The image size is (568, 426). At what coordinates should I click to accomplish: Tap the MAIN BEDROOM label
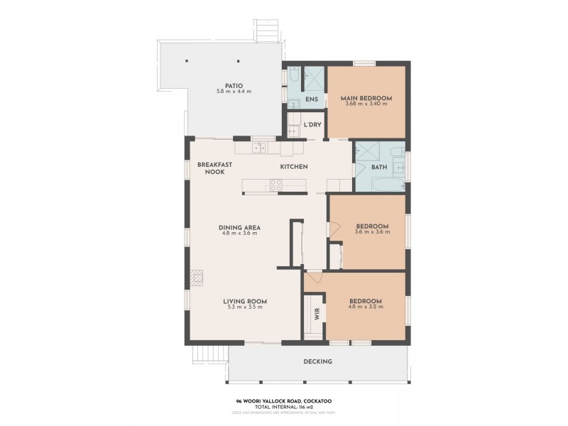click(366, 97)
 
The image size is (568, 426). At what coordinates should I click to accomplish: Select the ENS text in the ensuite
click(311, 99)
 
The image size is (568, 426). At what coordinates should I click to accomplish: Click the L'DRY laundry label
click(312, 125)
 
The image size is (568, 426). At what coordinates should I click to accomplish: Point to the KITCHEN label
click(293, 167)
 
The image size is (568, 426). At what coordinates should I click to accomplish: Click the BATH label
click(378, 168)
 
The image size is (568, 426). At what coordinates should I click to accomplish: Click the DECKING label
click(317, 362)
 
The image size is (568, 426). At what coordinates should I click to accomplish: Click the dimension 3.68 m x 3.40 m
click(366, 104)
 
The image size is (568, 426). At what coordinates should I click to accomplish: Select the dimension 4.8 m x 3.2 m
click(366, 307)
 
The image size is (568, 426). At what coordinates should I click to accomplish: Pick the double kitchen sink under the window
click(261, 148)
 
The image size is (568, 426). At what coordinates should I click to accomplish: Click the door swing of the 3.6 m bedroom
click(331, 229)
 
